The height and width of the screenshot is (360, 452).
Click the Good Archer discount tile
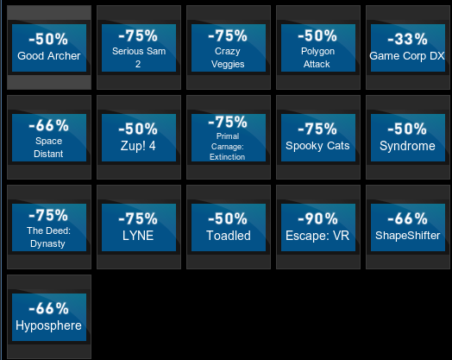pos(49,47)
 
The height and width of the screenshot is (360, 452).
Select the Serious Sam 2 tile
pos(139,47)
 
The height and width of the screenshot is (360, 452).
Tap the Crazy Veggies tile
pos(229,47)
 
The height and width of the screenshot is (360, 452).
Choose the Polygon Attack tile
pos(318,47)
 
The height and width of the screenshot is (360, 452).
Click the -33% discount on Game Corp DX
pos(407,39)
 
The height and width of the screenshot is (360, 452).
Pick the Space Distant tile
pos(49,137)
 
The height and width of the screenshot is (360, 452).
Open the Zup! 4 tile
pos(139,137)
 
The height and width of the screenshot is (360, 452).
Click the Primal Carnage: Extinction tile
pos(229,137)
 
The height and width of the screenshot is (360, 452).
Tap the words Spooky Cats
pos(317,146)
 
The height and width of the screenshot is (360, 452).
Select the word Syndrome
pos(407,146)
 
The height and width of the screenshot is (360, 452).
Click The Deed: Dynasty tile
pos(49,227)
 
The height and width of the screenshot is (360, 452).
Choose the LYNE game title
pos(138,236)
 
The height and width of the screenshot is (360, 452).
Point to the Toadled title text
pos(229,236)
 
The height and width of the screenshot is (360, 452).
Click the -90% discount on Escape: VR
pos(317,218)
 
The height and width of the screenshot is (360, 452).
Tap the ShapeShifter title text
pos(408,236)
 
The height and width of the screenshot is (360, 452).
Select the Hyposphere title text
pos(48,326)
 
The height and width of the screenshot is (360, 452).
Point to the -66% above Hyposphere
pos(48,308)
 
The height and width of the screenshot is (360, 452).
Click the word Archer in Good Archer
pos(65,56)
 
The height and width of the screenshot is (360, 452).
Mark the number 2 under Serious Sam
pos(138,64)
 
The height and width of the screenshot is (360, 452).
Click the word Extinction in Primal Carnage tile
pos(228,157)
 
